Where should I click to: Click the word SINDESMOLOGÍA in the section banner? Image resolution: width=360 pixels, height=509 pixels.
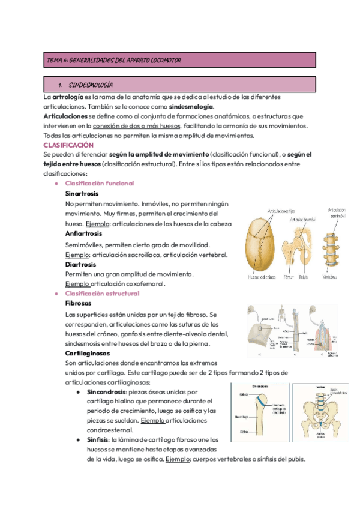point(92,85)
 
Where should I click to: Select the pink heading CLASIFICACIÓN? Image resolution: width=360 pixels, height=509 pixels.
point(69,145)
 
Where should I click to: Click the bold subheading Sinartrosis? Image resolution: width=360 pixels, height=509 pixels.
point(82,194)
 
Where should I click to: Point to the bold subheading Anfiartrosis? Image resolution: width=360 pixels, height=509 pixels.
point(83,233)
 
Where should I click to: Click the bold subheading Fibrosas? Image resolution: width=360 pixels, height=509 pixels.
point(79,304)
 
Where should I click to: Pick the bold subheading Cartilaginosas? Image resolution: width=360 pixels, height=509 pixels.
point(88,353)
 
